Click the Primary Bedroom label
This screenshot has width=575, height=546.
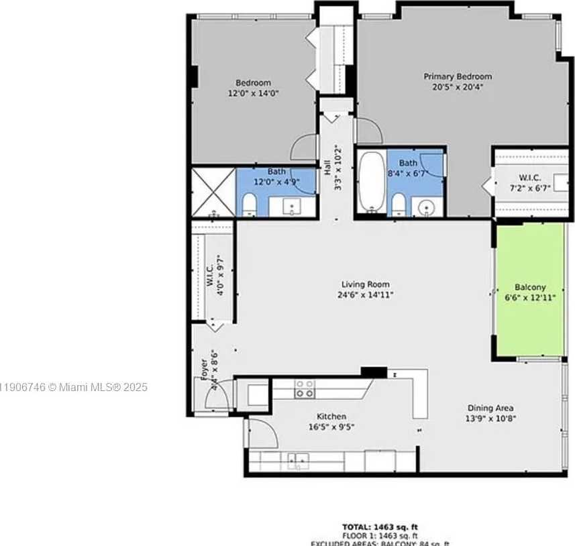tap(458, 76)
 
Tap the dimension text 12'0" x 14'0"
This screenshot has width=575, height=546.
tap(252, 93)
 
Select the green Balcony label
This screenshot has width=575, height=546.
tap(530, 286)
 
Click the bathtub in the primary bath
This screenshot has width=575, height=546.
tap(370, 180)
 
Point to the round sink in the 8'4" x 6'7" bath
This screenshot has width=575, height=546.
tap(424, 207)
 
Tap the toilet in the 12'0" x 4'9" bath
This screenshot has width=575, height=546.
tap(248, 205)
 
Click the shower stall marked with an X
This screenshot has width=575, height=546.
tap(213, 192)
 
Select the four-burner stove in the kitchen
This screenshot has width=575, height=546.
tap(305, 389)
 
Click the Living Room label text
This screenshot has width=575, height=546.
tap(365, 284)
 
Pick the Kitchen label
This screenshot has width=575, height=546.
tap(327, 416)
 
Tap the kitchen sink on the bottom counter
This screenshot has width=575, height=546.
tap(297, 461)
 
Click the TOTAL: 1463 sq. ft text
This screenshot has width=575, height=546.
tap(380, 527)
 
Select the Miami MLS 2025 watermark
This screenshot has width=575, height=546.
tap(74, 387)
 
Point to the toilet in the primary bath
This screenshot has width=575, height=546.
tap(398, 205)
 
